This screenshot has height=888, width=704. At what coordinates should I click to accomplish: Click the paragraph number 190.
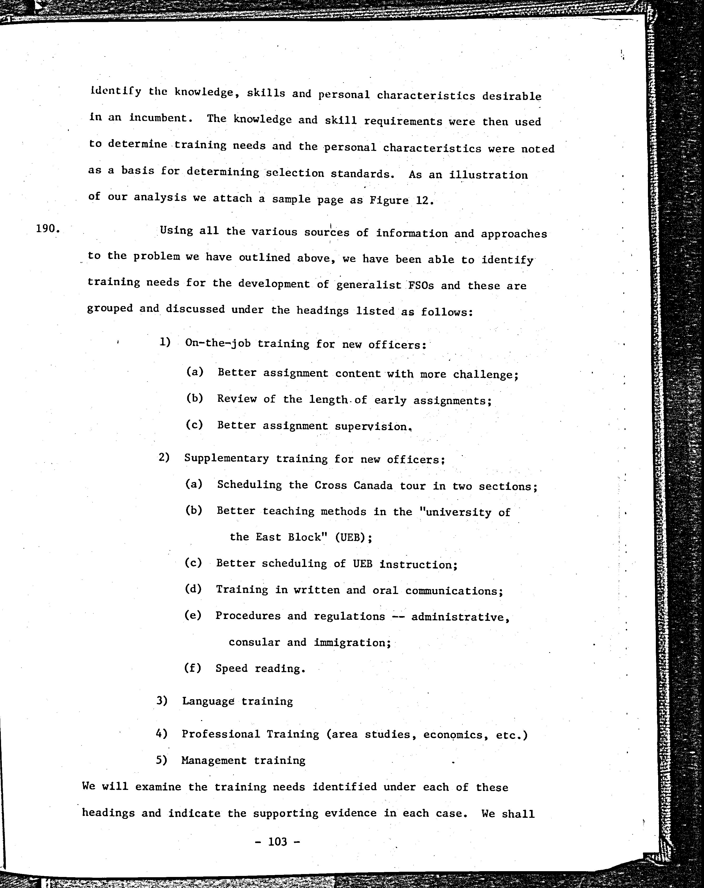48,229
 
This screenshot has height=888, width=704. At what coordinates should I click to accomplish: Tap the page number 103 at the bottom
277,841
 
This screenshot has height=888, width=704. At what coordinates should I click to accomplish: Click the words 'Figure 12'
401,200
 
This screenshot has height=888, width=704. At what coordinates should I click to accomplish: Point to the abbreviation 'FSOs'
420,285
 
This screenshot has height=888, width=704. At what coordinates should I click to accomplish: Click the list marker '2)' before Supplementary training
164,457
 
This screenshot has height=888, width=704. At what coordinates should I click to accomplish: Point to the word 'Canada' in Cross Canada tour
373,485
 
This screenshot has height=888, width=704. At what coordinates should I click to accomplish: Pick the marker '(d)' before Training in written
193,589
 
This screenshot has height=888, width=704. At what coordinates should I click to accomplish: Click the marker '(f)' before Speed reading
192,668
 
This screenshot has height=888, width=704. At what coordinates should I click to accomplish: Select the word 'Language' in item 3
208,701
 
